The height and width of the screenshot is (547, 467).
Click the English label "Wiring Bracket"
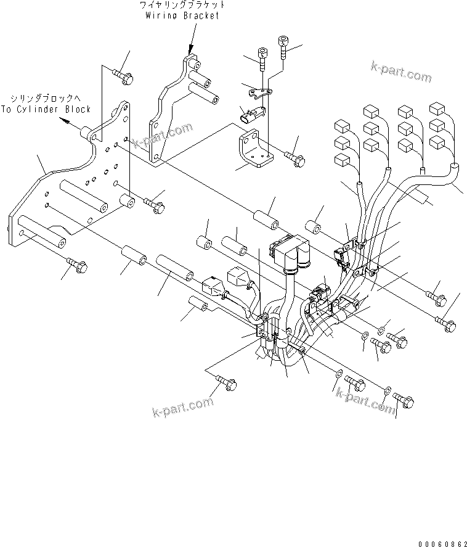tap(182, 15)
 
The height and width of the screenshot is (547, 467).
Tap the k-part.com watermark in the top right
tap(401, 72)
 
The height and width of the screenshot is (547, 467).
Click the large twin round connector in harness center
tap(290, 253)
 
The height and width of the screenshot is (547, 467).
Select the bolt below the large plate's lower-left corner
tap(78, 268)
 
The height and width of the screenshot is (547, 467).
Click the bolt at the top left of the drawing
tap(124, 76)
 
